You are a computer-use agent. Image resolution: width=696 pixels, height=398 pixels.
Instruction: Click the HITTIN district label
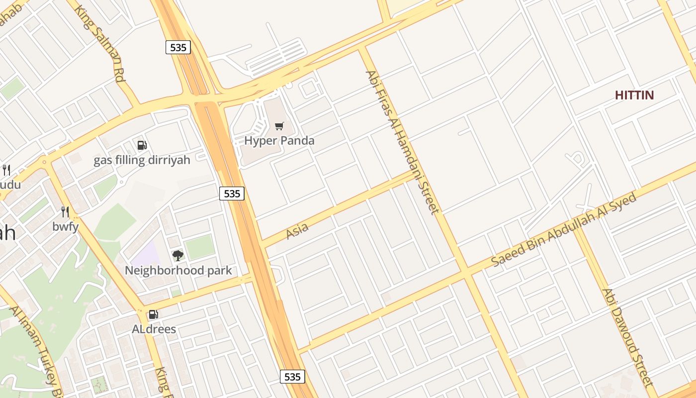click(634, 95)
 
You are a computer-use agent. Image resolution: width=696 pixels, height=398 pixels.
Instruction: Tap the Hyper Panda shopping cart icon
click(279, 126)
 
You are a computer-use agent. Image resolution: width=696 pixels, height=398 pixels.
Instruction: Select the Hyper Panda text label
click(279, 141)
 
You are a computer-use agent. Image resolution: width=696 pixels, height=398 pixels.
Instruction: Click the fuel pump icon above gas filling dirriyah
click(142, 145)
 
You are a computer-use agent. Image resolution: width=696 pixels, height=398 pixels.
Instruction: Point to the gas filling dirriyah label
click(142, 160)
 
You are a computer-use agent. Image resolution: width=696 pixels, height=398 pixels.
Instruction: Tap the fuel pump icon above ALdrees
click(154, 314)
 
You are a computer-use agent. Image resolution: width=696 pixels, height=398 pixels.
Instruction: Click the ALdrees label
click(154, 329)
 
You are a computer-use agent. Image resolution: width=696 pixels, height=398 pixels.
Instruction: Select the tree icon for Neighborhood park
click(178, 256)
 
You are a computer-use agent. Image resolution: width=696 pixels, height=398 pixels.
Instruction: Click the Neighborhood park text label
click(178, 271)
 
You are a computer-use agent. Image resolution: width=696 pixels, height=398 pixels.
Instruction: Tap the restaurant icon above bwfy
click(65, 212)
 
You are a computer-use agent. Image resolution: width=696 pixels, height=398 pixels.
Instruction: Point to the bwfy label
click(65, 227)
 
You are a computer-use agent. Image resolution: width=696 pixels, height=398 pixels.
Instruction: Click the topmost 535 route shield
click(178, 47)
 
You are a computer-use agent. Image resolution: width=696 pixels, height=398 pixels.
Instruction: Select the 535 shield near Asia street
click(232, 194)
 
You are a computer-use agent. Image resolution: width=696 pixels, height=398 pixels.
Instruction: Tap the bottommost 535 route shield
click(292, 377)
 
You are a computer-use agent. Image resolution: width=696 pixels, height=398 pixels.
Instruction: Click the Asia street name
click(297, 230)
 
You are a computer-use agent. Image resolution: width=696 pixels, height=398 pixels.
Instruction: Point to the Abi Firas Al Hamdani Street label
click(402, 142)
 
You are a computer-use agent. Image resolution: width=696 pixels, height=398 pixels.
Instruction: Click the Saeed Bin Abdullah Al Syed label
click(564, 230)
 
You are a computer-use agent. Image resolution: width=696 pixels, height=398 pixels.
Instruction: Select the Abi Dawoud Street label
click(627, 337)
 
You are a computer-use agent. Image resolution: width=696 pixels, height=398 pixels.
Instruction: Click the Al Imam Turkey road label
click(37, 351)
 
